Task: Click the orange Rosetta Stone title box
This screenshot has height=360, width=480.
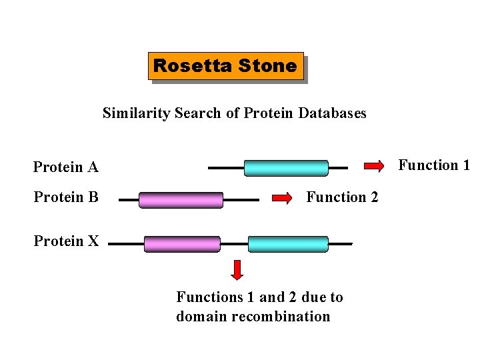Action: click(225, 66)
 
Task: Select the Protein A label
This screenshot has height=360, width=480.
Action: click(66, 167)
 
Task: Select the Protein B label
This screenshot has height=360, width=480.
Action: click(66, 197)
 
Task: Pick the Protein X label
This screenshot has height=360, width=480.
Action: click(66, 241)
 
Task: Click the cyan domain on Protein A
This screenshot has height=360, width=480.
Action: click(286, 168)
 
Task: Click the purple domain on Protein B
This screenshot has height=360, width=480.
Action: click(181, 200)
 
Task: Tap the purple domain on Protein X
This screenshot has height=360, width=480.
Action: click(182, 244)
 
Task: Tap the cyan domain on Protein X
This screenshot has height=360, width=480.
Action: click(288, 244)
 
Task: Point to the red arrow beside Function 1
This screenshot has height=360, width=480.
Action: click(374, 165)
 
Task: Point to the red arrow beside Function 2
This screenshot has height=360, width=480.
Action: click(283, 197)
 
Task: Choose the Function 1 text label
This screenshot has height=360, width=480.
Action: click(434, 165)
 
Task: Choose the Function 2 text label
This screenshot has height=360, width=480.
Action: click(342, 197)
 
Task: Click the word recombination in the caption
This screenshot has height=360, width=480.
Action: click(291, 317)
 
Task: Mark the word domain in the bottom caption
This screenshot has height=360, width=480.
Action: click(197, 317)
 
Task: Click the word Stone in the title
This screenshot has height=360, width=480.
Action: click(271, 66)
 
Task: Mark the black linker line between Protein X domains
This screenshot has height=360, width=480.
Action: click(234, 244)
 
